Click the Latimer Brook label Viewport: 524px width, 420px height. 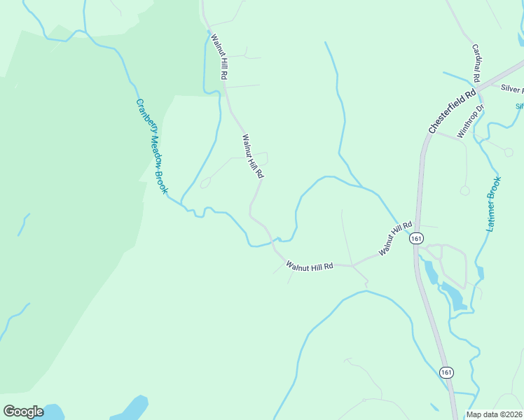494,204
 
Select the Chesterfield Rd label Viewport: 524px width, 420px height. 453,111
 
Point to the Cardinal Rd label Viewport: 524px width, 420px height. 478,62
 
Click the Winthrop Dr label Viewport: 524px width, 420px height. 471,122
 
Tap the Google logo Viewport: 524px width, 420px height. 23,412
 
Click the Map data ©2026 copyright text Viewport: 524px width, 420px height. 495,414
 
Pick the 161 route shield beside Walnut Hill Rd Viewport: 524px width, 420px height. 417,239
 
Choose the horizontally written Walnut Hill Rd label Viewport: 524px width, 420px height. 309,265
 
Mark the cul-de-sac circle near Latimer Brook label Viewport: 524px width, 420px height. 464,190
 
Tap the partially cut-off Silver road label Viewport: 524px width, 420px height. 513,89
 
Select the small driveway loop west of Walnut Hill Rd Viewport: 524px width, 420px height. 205,183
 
